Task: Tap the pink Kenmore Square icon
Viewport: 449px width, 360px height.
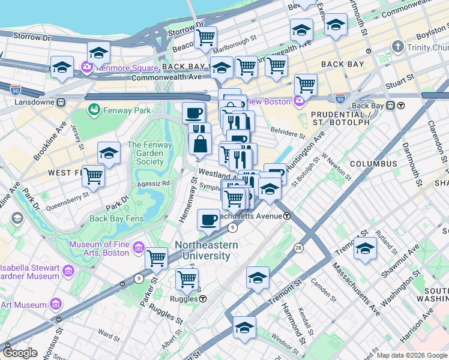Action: [x=86, y=66]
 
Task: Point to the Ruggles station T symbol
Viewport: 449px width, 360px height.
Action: [x=203, y=298]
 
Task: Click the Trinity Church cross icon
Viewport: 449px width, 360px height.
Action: [x=397, y=47]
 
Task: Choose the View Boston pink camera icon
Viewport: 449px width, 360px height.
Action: [x=298, y=101]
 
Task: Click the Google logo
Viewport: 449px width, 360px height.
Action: [x=20, y=352]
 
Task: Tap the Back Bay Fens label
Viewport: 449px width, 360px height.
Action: [x=116, y=218]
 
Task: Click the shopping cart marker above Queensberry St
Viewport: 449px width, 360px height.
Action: [x=93, y=176]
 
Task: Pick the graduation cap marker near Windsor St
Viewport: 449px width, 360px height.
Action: [x=244, y=328]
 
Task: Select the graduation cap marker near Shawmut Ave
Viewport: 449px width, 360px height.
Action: [x=365, y=248]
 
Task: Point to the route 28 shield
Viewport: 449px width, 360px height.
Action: [x=298, y=248]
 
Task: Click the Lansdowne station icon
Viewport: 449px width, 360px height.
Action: [x=61, y=102]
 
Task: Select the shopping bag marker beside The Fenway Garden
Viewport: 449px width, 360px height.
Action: [x=200, y=144]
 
